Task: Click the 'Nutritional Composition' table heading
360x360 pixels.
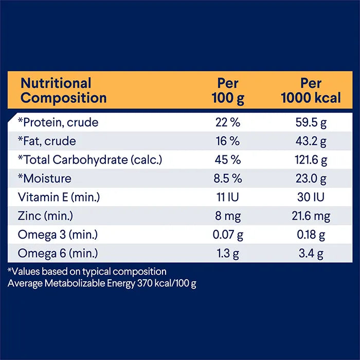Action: point(63,91)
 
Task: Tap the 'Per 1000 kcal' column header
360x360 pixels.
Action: point(311,91)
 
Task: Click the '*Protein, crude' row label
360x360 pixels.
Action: point(58,123)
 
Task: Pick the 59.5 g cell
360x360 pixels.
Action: point(311,123)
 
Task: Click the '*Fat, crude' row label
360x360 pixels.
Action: point(47,141)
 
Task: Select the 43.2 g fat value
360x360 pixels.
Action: point(311,141)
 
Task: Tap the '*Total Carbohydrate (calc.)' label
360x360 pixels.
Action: point(90,160)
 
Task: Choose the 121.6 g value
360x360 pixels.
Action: point(311,160)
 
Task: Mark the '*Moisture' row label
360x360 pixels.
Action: point(44,179)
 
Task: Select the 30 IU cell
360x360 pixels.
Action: point(311,197)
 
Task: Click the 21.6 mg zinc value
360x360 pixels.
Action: point(311,216)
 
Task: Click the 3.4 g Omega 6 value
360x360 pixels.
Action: point(311,254)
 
